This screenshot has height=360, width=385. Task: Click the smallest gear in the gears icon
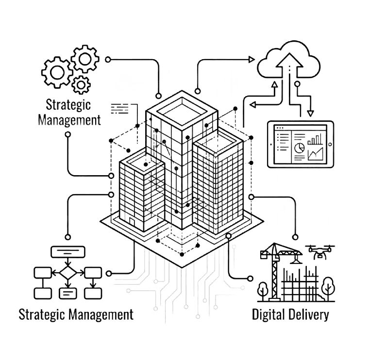[x=81, y=85]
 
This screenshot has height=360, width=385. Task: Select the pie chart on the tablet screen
[x=299, y=147]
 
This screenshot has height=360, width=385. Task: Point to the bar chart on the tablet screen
[x=315, y=139]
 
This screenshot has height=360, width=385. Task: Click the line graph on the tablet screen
[x=316, y=154]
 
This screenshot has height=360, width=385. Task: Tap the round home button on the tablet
[x=330, y=144]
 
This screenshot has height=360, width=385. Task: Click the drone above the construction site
[x=320, y=252]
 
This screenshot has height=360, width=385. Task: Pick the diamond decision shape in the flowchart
[x=68, y=272]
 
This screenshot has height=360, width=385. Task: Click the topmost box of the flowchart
[x=68, y=252]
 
